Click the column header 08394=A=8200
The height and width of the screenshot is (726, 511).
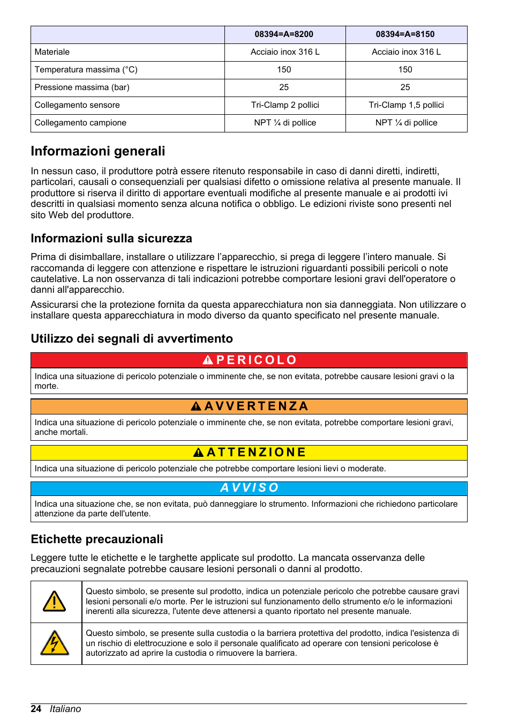pyautogui.click(x=284, y=34)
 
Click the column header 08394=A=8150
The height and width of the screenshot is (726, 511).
pyautogui.click(x=405, y=34)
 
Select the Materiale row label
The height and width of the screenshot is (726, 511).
pyautogui.click(x=52, y=52)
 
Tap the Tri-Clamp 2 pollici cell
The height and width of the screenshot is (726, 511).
pyautogui.click(x=285, y=105)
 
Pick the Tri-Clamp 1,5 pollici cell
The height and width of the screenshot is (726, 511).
pyautogui.click(x=406, y=105)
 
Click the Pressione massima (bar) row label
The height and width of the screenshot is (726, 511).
pyautogui.click(x=82, y=87)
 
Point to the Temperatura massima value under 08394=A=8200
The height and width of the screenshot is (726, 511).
pyautogui.click(x=284, y=70)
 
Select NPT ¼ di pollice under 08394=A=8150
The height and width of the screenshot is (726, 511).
pyautogui.click(x=406, y=123)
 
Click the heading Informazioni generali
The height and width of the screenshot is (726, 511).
pyautogui.click(x=98, y=151)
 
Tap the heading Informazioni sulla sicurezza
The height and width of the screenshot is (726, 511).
pyautogui.click(x=111, y=239)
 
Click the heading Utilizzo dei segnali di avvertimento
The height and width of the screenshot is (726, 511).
pyautogui.click(x=132, y=339)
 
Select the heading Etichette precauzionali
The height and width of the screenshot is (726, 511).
pyautogui.click(x=97, y=539)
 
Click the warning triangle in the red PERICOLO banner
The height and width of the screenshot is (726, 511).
pyautogui.click(x=208, y=360)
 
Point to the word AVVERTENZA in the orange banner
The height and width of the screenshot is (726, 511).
pyautogui.click(x=257, y=406)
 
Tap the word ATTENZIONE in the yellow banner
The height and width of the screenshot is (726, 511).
pyautogui.click(x=257, y=453)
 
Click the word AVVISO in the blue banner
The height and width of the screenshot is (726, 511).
pyautogui.click(x=250, y=488)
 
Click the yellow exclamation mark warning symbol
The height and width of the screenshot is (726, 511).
pyautogui.click(x=55, y=602)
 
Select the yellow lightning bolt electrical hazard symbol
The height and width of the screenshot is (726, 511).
pyautogui.click(x=55, y=643)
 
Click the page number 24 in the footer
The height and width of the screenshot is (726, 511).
pyautogui.click(x=36, y=709)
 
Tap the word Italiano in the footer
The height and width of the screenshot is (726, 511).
pyautogui.click(x=65, y=709)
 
